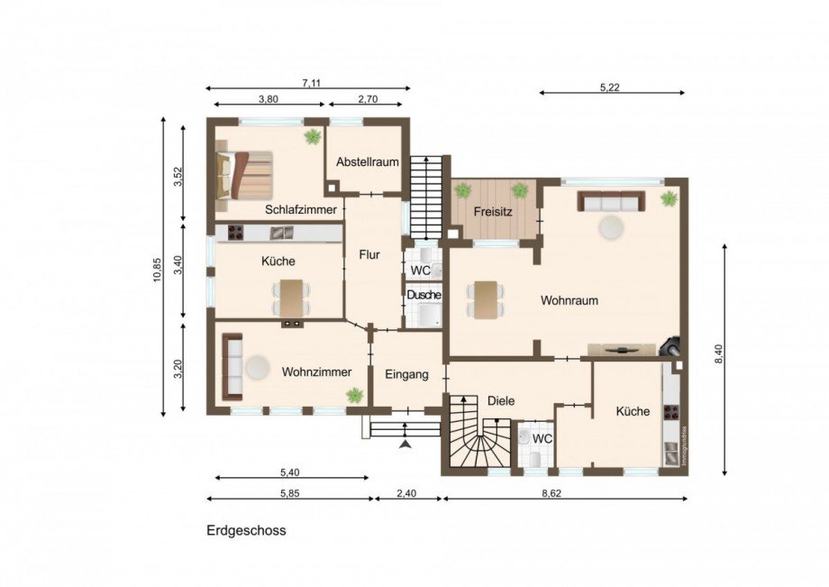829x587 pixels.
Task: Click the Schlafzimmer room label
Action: [301, 209]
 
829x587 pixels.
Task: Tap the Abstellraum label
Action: [367, 162]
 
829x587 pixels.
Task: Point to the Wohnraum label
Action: [569, 300]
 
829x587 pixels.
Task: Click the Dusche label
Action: [423, 295]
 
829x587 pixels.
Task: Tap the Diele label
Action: [500, 400]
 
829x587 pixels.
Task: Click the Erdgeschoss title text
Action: [246, 530]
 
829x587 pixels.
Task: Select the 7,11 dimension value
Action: [311, 83]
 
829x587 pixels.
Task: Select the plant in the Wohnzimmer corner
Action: [355, 395]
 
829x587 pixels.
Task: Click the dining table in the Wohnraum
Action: [485, 299]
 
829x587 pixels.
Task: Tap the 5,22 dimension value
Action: [611, 87]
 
